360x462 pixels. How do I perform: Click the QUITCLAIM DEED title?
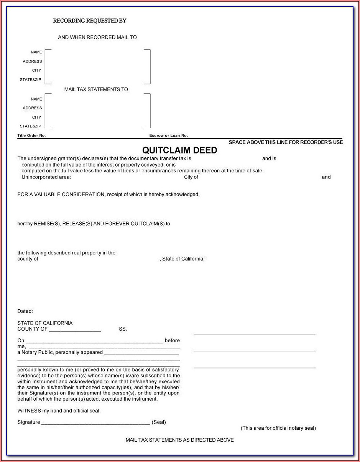[x=179, y=150]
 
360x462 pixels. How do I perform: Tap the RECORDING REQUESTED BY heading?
[x=89, y=21]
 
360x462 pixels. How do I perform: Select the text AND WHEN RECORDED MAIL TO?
[x=97, y=38]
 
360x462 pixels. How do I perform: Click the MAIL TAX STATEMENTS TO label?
[x=96, y=89]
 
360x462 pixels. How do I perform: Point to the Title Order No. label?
[x=31, y=135]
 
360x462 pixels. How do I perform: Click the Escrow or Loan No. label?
[x=168, y=135]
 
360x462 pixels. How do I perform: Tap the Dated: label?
[x=25, y=311]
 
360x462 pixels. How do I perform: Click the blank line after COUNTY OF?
[x=75, y=330]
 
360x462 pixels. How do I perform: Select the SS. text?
[x=123, y=329]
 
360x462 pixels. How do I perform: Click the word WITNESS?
[x=29, y=411]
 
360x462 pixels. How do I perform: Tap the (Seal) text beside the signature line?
[x=159, y=422]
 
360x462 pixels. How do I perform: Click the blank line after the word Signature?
[x=95, y=423]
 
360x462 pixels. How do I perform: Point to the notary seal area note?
[x=278, y=428]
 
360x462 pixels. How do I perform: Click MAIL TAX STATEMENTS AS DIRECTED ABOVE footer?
[x=179, y=440]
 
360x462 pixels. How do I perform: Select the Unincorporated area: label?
[x=46, y=177]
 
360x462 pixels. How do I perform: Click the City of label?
[x=191, y=177]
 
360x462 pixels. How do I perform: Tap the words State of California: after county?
[x=184, y=259]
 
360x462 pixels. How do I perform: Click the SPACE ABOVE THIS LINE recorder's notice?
[x=286, y=142]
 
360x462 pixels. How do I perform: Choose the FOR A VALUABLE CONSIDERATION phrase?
[x=61, y=195]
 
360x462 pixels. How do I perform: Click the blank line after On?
[x=94, y=341]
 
